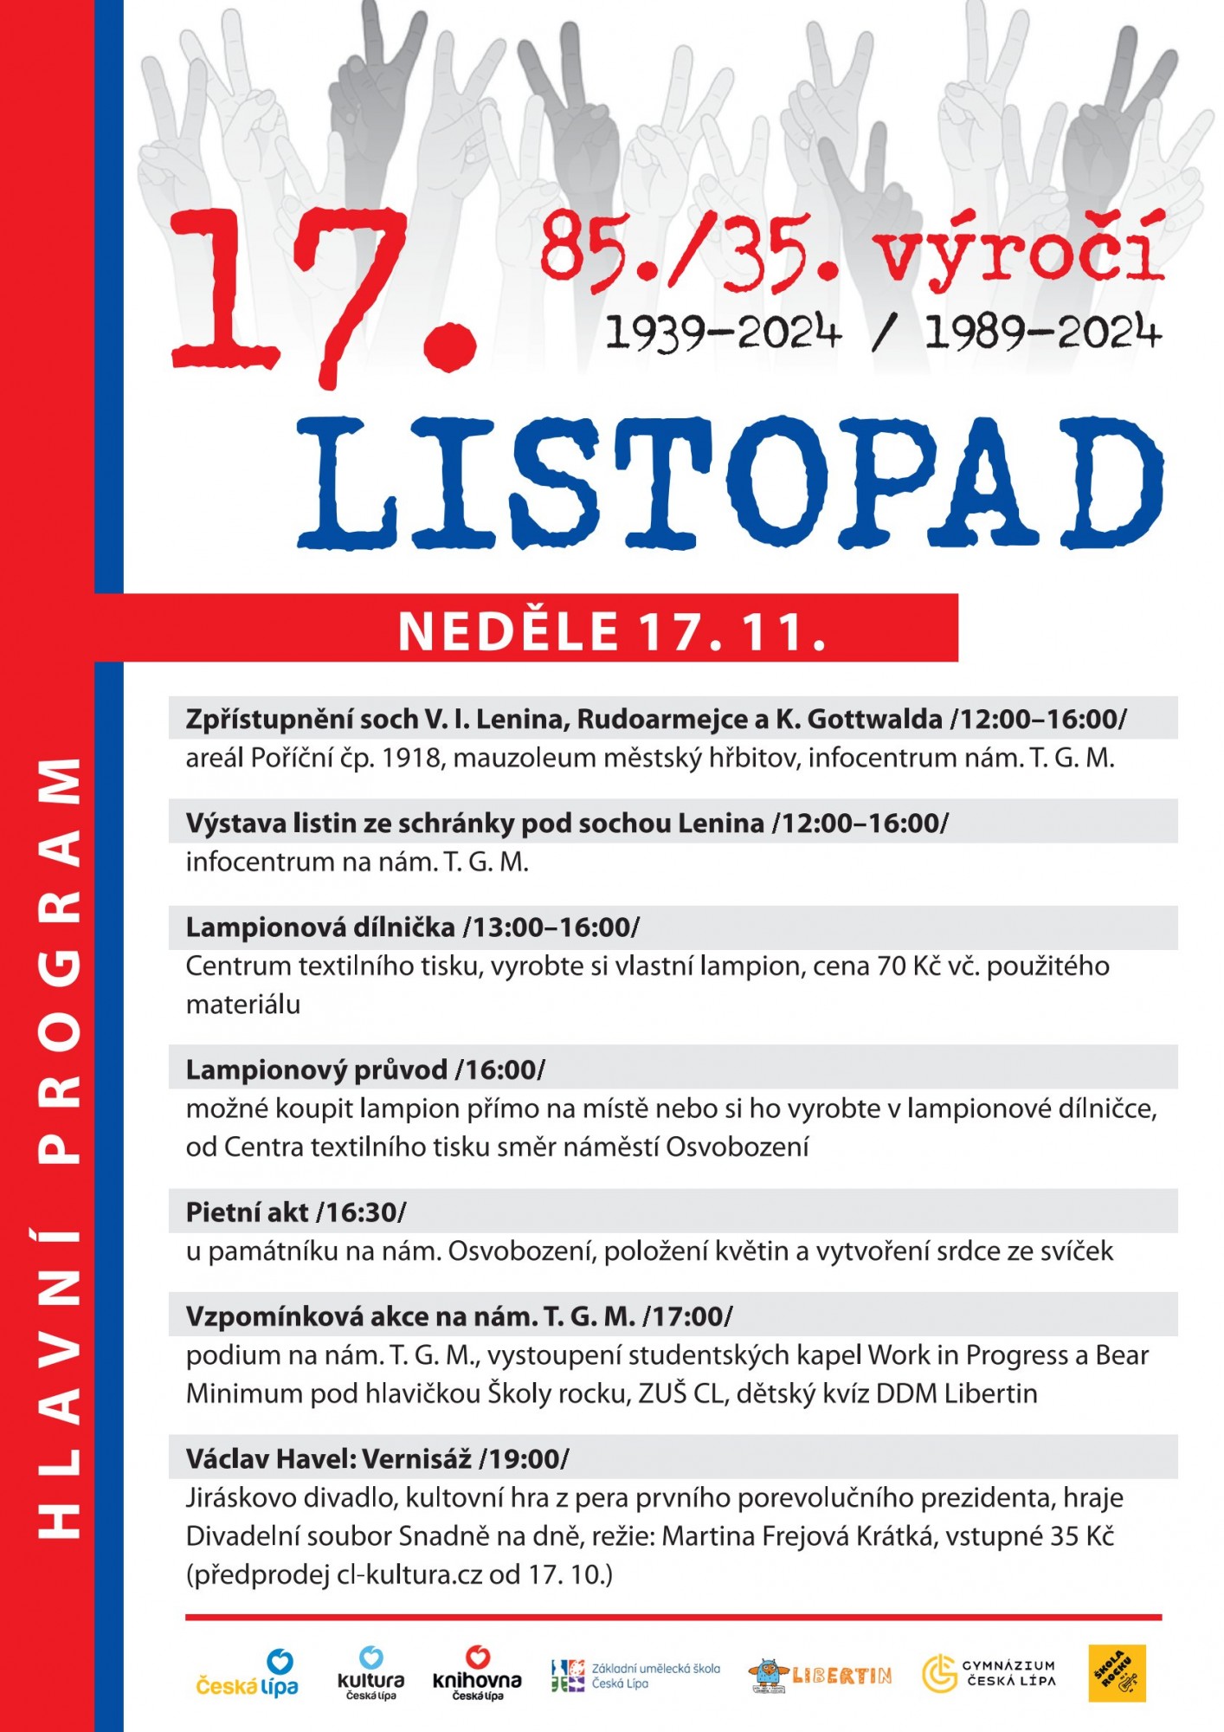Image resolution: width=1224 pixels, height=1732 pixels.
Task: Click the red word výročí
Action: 1018,250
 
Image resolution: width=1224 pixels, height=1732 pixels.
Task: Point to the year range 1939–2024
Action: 723,333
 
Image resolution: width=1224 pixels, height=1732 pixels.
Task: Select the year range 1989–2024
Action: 1042,333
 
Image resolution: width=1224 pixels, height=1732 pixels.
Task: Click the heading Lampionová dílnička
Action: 320,927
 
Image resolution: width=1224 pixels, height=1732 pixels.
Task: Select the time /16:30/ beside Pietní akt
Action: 361,1212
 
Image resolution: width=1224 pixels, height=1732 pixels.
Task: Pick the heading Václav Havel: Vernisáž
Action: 329,1459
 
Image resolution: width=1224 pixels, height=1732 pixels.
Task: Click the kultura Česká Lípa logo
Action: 370,1673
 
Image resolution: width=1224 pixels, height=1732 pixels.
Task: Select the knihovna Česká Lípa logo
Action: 477,1673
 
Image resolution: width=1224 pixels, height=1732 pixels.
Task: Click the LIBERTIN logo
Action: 820,1676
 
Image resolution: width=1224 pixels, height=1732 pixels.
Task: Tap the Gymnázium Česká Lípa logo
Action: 989,1673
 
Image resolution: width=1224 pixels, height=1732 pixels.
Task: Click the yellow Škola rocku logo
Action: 1117,1673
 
